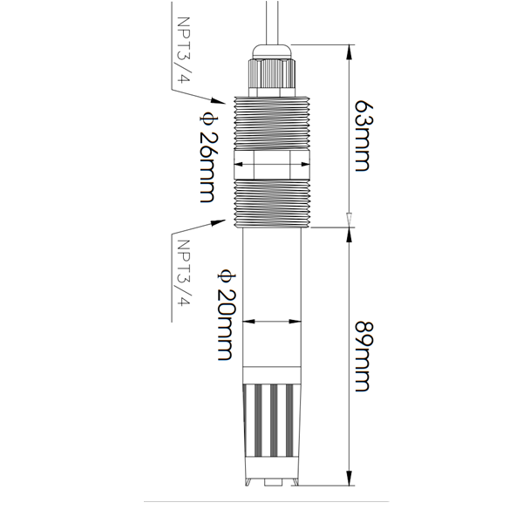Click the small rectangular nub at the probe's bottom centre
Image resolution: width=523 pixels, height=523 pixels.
tap(272, 480)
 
